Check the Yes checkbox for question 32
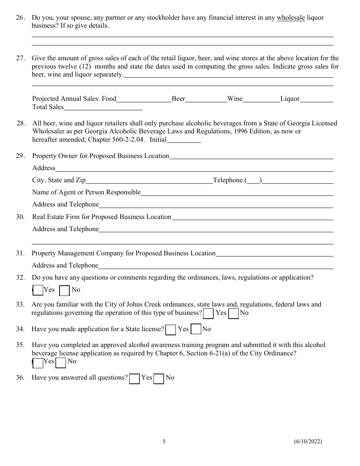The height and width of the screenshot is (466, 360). [38, 291]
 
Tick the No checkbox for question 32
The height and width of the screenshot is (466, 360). [65, 291]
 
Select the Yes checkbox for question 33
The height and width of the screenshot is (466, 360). [208, 314]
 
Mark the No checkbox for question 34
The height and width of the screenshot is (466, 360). [196, 330]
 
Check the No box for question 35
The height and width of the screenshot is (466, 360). [61, 363]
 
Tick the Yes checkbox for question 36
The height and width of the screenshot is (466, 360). [135, 378]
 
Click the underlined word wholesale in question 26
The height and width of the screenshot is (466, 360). [291, 17]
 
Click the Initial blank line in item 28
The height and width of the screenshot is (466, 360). [184, 140]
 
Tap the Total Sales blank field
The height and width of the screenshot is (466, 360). [103, 107]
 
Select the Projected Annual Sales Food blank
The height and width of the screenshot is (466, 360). [144, 99]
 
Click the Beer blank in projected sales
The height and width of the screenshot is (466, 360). [206, 99]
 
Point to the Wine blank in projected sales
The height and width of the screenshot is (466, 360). [261, 99]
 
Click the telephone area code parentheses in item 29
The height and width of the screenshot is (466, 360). [254, 181]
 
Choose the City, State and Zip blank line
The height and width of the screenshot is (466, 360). [149, 181]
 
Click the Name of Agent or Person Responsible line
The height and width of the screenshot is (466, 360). [237, 193]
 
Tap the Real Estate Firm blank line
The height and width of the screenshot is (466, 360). [252, 217]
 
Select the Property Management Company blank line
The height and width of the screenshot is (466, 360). [274, 254]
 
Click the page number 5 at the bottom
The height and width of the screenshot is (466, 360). [164, 441]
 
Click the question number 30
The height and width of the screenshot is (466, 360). [20, 217]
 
